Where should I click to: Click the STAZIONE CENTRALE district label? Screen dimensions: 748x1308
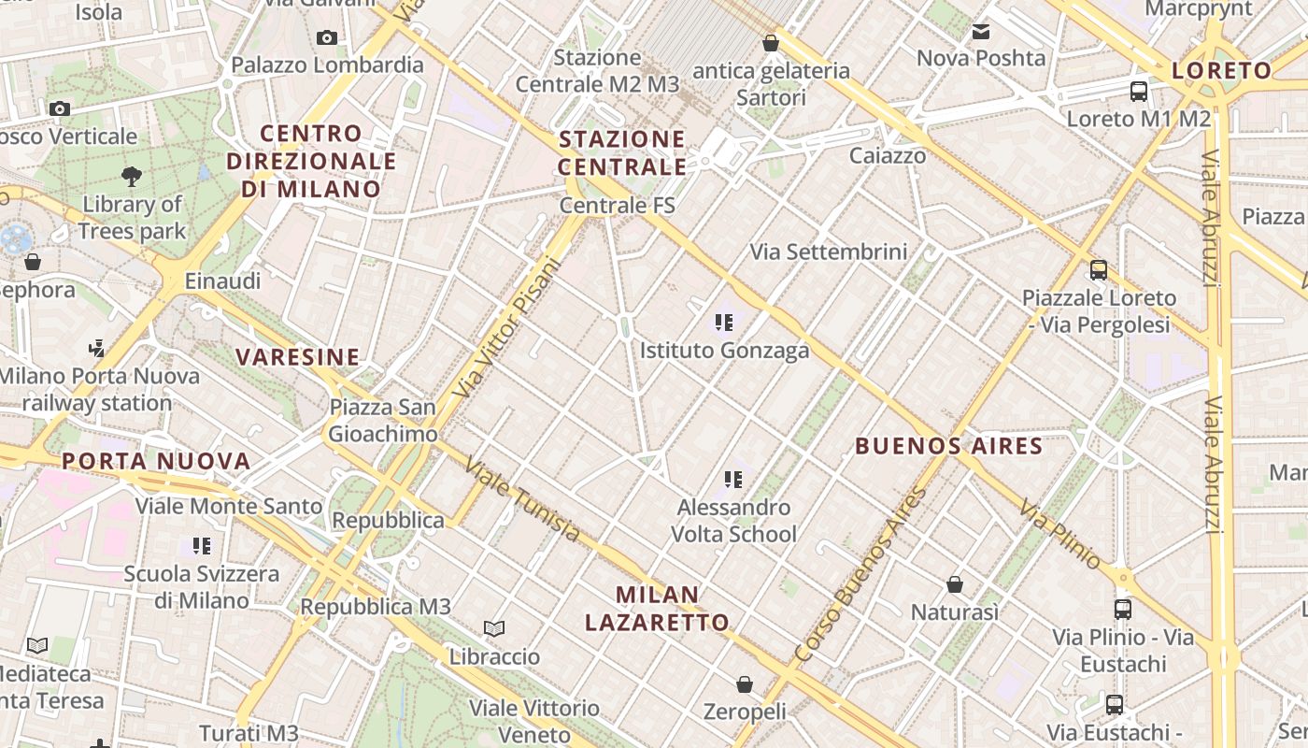click(622, 153)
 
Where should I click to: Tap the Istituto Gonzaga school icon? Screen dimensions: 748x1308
click(723, 324)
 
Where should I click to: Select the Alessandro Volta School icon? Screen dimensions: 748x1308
click(733, 481)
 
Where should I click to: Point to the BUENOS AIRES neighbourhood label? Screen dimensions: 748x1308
click(948, 446)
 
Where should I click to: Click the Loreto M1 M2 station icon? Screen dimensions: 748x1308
click(1138, 92)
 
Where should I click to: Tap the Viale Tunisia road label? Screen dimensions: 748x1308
click(523, 499)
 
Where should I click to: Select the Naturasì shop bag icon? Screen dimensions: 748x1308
click(955, 585)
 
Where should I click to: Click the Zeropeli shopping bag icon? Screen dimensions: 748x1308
click(745, 685)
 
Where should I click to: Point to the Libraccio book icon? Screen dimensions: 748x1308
click(494, 629)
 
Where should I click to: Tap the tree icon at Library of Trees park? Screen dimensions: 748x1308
click(132, 176)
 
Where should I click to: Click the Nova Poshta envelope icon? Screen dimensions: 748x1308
click(981, 33)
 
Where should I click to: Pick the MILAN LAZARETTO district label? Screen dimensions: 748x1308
click(672, 608)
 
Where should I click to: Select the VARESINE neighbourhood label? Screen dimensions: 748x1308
click(297, 356)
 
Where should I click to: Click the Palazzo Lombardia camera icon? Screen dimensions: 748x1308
click(327, 38)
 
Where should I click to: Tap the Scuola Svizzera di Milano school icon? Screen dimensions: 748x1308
click(201, 546)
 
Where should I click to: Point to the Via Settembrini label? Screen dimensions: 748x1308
click(829, 252)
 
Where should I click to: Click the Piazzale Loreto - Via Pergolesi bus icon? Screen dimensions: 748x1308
click(1099, 270)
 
